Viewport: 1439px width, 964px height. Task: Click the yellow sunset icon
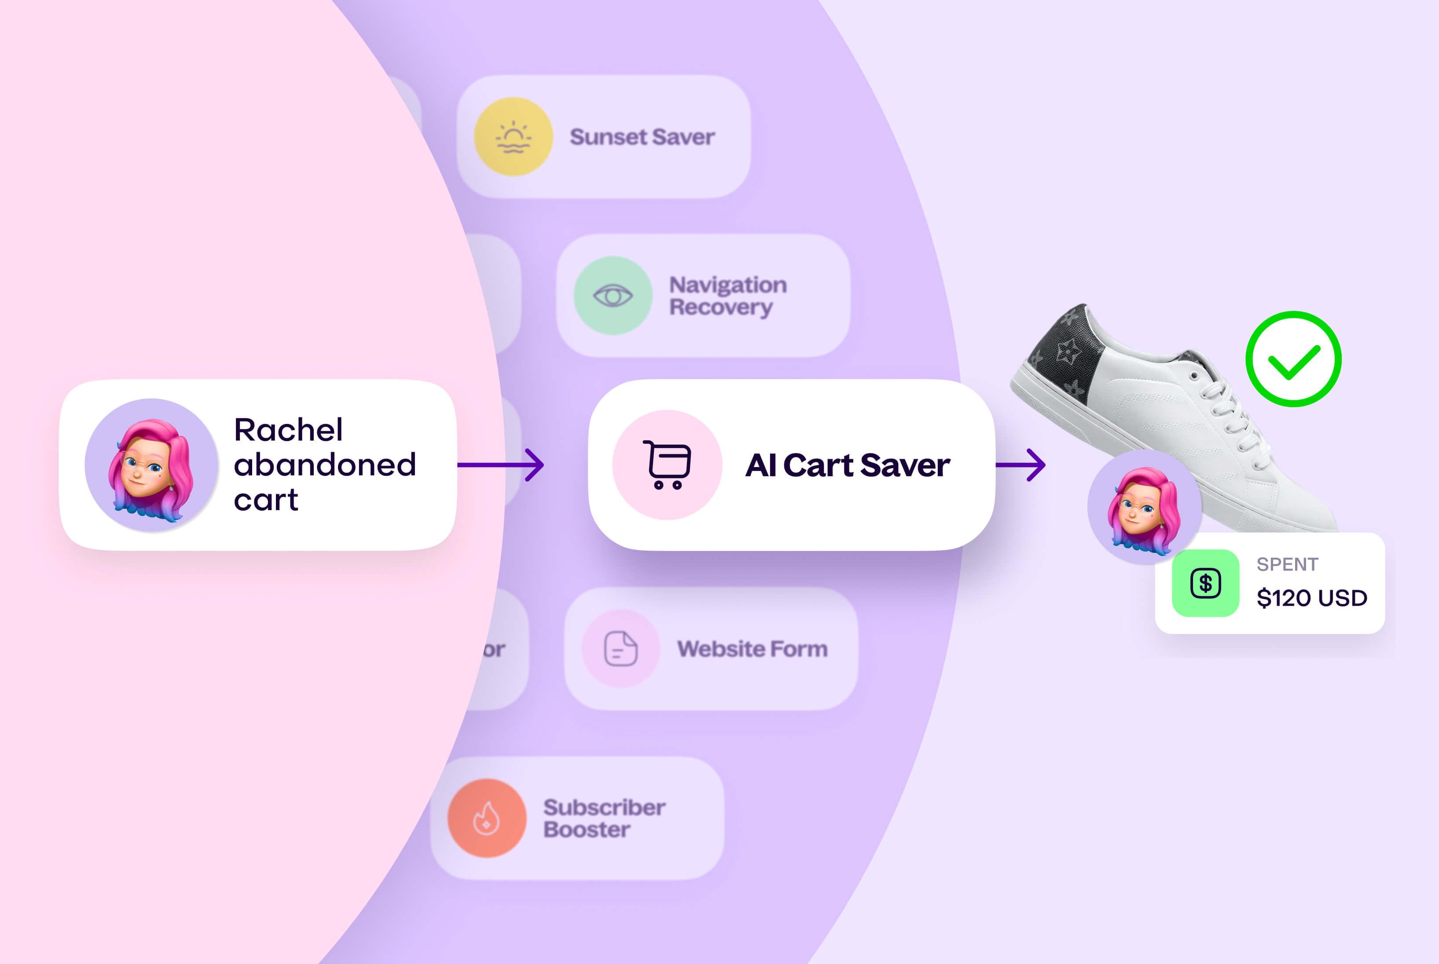click(x=513, y=136)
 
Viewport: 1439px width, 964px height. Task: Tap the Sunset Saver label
click(x=642, y=136)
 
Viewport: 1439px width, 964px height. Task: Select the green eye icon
click(x=613, y=296)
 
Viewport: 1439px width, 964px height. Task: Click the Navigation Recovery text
click(x=727, y=296)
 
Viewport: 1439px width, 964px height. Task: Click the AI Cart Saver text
click(x=848, y=465)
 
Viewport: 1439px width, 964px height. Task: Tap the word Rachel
click(x=288, y=430)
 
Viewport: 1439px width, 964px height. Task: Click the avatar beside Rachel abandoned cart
click(x=151, y=465)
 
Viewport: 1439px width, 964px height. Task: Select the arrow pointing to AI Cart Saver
click(x=501, y=465)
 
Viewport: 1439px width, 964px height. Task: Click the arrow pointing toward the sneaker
click(x=1021, y=465)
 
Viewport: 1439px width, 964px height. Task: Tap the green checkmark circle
click(x=1293, y=359)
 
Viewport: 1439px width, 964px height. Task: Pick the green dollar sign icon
click(x=1205, y=583)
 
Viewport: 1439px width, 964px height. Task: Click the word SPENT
click(x=1287, y=564)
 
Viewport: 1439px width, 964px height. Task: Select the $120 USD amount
click(x=1312, y=598)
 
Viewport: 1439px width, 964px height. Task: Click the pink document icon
click(x=620, y=649)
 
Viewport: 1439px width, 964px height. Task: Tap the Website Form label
click(x=752, y=649)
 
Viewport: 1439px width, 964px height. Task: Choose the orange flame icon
click(x=487, y=818)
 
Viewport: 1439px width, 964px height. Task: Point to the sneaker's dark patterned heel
click(x=1066, y=357)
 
